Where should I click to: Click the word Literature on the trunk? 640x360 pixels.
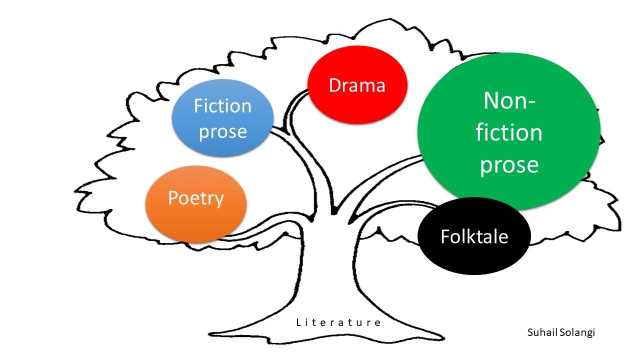338,322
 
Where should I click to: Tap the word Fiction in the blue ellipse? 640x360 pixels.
222,106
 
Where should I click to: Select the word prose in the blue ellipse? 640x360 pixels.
222,132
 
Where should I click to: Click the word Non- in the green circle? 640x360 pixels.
509,101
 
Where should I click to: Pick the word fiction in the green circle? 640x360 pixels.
509,133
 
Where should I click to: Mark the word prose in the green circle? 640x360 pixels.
509,164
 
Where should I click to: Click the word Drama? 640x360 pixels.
357,85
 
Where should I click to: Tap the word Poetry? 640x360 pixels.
195,198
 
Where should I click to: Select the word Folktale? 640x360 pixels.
474,236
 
